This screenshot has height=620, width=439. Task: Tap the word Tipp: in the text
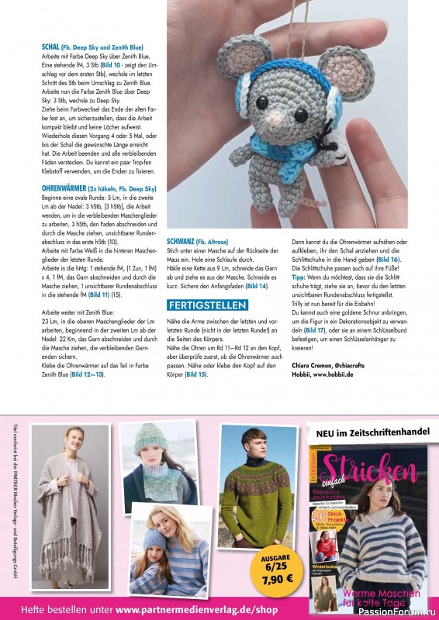299,275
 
